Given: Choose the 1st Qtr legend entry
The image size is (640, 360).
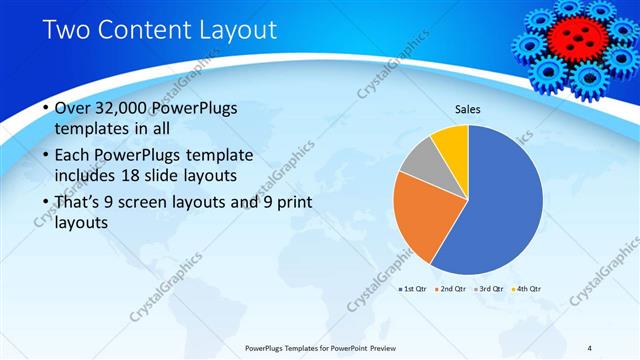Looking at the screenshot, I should [413, 289].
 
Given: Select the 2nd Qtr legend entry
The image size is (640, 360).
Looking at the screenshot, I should [451, 289].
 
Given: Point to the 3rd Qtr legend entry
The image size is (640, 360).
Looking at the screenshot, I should [488, 289].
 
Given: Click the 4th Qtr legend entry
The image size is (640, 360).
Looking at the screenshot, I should [526, 289].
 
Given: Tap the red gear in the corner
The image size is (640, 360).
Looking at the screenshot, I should [574, 37].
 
